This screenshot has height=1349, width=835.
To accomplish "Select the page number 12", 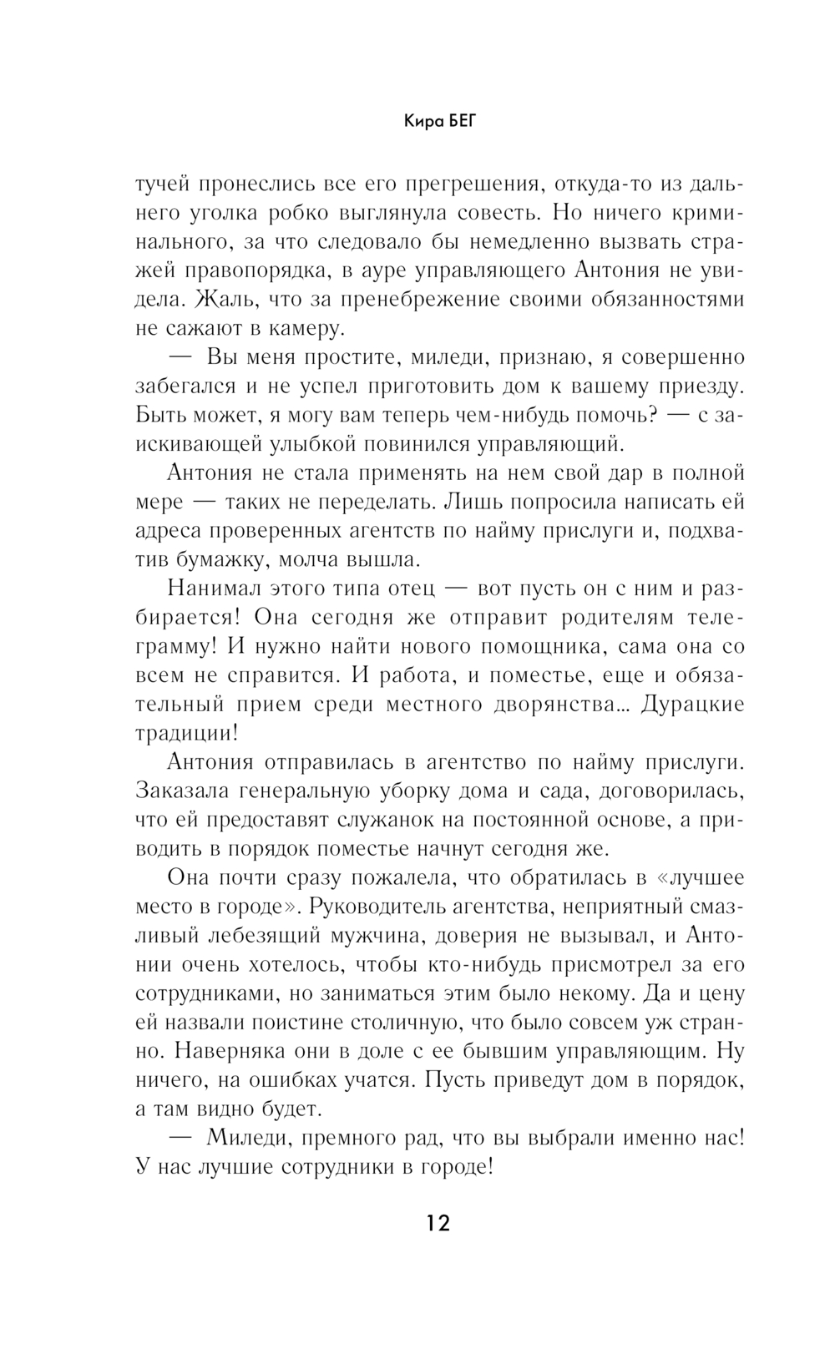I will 437,1224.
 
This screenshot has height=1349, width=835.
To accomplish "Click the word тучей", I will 163,184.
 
